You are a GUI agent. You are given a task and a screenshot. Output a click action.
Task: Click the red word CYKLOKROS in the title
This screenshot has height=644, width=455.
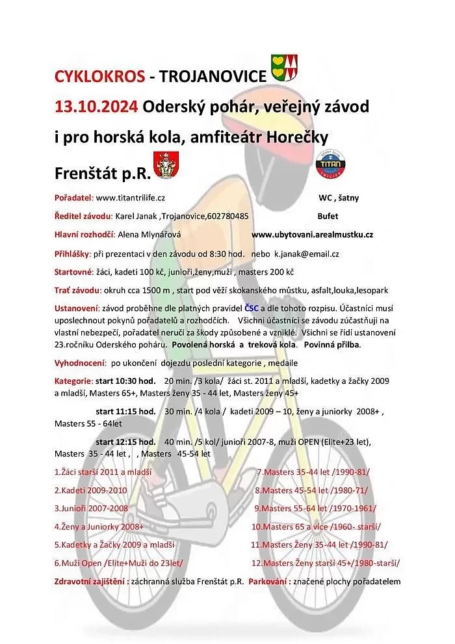(99, 77)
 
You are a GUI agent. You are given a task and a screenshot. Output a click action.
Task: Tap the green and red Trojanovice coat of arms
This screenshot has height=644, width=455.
(285, 67)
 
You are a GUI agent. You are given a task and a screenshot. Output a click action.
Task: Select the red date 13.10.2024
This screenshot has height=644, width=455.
(96, 106)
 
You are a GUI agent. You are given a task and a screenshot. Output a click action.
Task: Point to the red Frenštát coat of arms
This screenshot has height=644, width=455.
(166, 166)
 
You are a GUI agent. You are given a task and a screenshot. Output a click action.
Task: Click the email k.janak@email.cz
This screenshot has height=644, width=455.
(306, 254)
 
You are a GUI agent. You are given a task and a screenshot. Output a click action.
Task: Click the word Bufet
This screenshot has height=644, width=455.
(328, 216)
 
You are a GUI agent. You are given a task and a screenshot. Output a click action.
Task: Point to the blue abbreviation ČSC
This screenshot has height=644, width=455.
(252, 308)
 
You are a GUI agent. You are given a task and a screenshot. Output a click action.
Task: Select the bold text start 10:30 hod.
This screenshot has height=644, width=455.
(125, 381)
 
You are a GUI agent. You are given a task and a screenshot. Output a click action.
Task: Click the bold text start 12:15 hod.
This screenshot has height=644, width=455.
(125, 442)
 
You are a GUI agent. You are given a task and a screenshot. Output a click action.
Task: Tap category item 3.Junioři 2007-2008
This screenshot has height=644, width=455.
(92, 508)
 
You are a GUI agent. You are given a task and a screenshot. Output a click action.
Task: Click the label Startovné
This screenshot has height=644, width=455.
(73, 272)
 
